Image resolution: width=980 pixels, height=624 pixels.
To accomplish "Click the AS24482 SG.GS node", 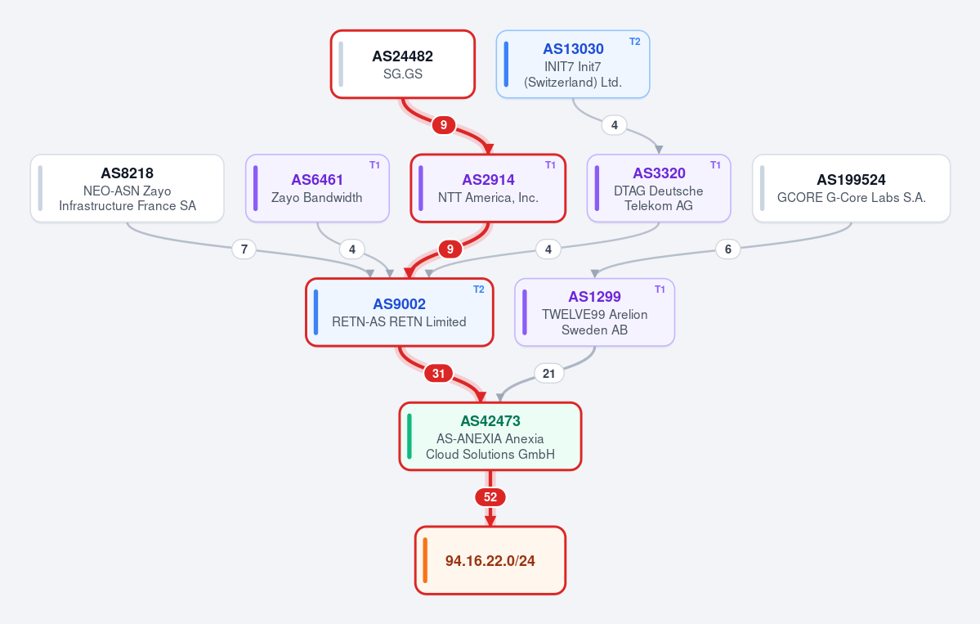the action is (x=402, y=65).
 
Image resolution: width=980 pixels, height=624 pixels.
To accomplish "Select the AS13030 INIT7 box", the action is (x=572, y=65).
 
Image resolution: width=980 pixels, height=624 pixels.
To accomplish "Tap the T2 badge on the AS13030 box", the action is (x=634, y=42).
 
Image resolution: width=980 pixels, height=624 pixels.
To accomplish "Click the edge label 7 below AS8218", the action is (x=244, y=249).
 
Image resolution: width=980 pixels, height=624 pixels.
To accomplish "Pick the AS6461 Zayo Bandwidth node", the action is (x=317, y=188).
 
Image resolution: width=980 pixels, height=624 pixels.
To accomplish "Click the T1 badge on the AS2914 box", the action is (x=550, y=165).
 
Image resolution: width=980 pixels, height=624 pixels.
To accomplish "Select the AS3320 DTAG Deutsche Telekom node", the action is (x=659, y=188).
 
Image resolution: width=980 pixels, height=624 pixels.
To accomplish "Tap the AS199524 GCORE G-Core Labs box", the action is (x=851, y=188).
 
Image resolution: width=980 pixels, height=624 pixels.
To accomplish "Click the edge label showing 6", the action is (x=727, y=249).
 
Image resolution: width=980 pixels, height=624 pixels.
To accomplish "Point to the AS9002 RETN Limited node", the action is (x=400, y=312).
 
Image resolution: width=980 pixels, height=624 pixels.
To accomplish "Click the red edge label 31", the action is (x=438, y=374).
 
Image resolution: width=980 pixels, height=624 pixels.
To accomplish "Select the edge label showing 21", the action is (x=548, y=374).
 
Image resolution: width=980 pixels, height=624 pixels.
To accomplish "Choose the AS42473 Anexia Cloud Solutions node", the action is (x=490, y=437).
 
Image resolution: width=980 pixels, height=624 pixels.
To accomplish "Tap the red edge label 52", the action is (x=490, y=498).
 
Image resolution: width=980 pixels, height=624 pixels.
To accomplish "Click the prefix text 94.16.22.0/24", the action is (x=490, y=561).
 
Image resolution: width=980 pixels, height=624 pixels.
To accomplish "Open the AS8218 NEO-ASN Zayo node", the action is (x=127, y=188).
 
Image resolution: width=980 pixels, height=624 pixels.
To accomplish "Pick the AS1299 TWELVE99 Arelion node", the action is (x=594, y=312).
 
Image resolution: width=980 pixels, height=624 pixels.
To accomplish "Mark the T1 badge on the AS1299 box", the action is (x=660, y=290).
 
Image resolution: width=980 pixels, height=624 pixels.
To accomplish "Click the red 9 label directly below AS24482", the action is (x=443, y=125).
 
